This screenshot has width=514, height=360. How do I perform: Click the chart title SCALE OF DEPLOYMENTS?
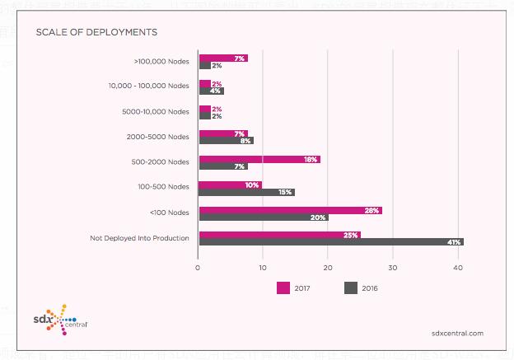[96, 33]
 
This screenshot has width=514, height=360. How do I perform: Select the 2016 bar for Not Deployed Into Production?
[330, 242]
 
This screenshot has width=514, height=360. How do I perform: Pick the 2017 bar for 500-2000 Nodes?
[259, 159]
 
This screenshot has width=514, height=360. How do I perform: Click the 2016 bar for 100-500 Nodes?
[246, 192]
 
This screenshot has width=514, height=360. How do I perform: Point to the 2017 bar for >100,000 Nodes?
[222, 58]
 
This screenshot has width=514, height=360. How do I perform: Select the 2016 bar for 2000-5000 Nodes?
[226, 141]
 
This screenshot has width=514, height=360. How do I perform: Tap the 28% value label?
[372, 210]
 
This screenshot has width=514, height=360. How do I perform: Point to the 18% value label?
[311, 159]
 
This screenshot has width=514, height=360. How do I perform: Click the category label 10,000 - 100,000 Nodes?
[149, 86]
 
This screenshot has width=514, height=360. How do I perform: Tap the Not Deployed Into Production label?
[139, 238]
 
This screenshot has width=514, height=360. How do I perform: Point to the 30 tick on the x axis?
[393, 267]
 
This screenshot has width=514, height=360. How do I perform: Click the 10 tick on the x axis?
[263, 267]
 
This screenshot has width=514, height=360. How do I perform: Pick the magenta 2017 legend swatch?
[283, 288]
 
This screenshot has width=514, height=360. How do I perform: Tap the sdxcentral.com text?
[457, 333]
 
